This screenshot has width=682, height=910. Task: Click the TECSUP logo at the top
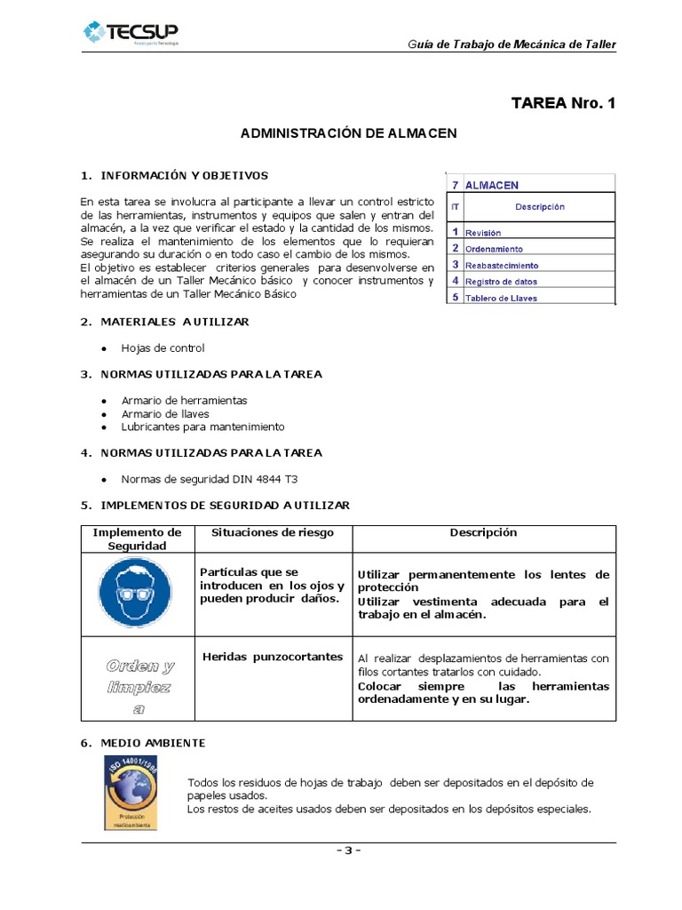pos(131,34)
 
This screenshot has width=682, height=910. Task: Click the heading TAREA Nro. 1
pos(562,103)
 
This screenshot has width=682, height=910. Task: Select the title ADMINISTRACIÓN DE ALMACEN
pos(349,133)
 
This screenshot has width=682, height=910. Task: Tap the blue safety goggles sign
pos(138,594)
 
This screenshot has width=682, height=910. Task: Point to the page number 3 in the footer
pos(347,850)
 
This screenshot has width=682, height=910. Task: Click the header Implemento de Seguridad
pos(138,539)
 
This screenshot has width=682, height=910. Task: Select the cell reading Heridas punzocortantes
pos(272,657)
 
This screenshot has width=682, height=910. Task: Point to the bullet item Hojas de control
pos(163,348)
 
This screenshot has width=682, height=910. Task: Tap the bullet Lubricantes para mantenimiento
pos(202,427)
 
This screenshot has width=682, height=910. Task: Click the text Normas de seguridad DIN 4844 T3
pos(209,478)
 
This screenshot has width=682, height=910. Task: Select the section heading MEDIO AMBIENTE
pos(153,742)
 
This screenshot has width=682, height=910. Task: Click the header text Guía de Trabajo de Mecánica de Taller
pos(511,44)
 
